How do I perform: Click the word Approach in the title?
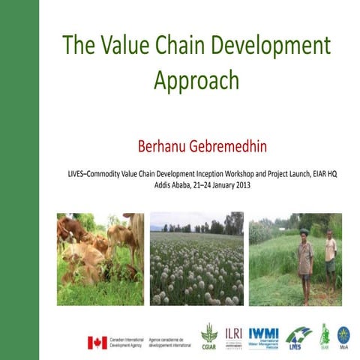click(x=196, y=81)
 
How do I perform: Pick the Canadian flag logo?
click(x=97, y=342)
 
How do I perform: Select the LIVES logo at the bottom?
click(x=299, y=335)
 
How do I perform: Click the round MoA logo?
click(x=343, y=334)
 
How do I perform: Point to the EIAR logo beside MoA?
click(x=325, y=334)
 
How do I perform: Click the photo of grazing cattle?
click(x=100, y=259)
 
